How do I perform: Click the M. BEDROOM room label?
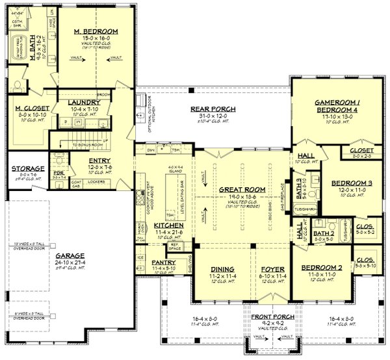(96, 31)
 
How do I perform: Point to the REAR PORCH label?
(213, 109)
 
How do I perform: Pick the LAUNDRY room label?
(83, 102)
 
